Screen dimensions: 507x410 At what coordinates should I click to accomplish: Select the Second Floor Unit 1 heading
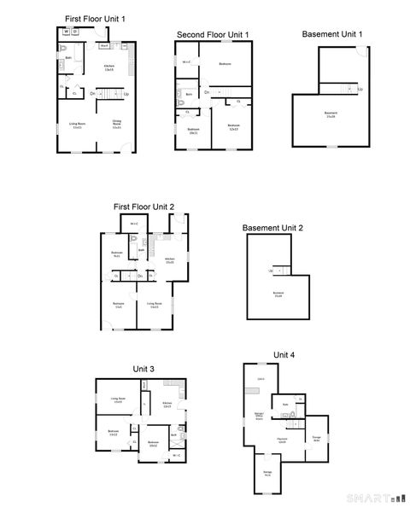[x=213, y=34]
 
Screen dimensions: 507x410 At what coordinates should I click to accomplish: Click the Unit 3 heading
[x=143, y=369]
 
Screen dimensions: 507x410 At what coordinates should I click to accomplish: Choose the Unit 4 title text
[x=284, y=354]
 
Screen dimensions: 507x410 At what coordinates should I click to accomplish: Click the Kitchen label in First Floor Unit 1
[x=109, y=67]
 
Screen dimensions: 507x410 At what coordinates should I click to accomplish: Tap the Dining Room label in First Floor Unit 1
[x=117, y=125]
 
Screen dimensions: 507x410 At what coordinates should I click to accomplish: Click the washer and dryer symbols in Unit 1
[x=71, y=32]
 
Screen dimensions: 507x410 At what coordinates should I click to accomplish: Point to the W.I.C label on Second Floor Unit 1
[x=186, y=62]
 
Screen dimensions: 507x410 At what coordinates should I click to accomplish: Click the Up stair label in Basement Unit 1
[x=360, y=89]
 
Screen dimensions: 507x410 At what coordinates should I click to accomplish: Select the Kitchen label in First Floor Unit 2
[x=169, y=259]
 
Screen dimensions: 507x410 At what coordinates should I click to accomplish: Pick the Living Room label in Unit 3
[x=118, y=399]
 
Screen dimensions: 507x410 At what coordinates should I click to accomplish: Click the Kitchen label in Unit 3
[x=167, y=405]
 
